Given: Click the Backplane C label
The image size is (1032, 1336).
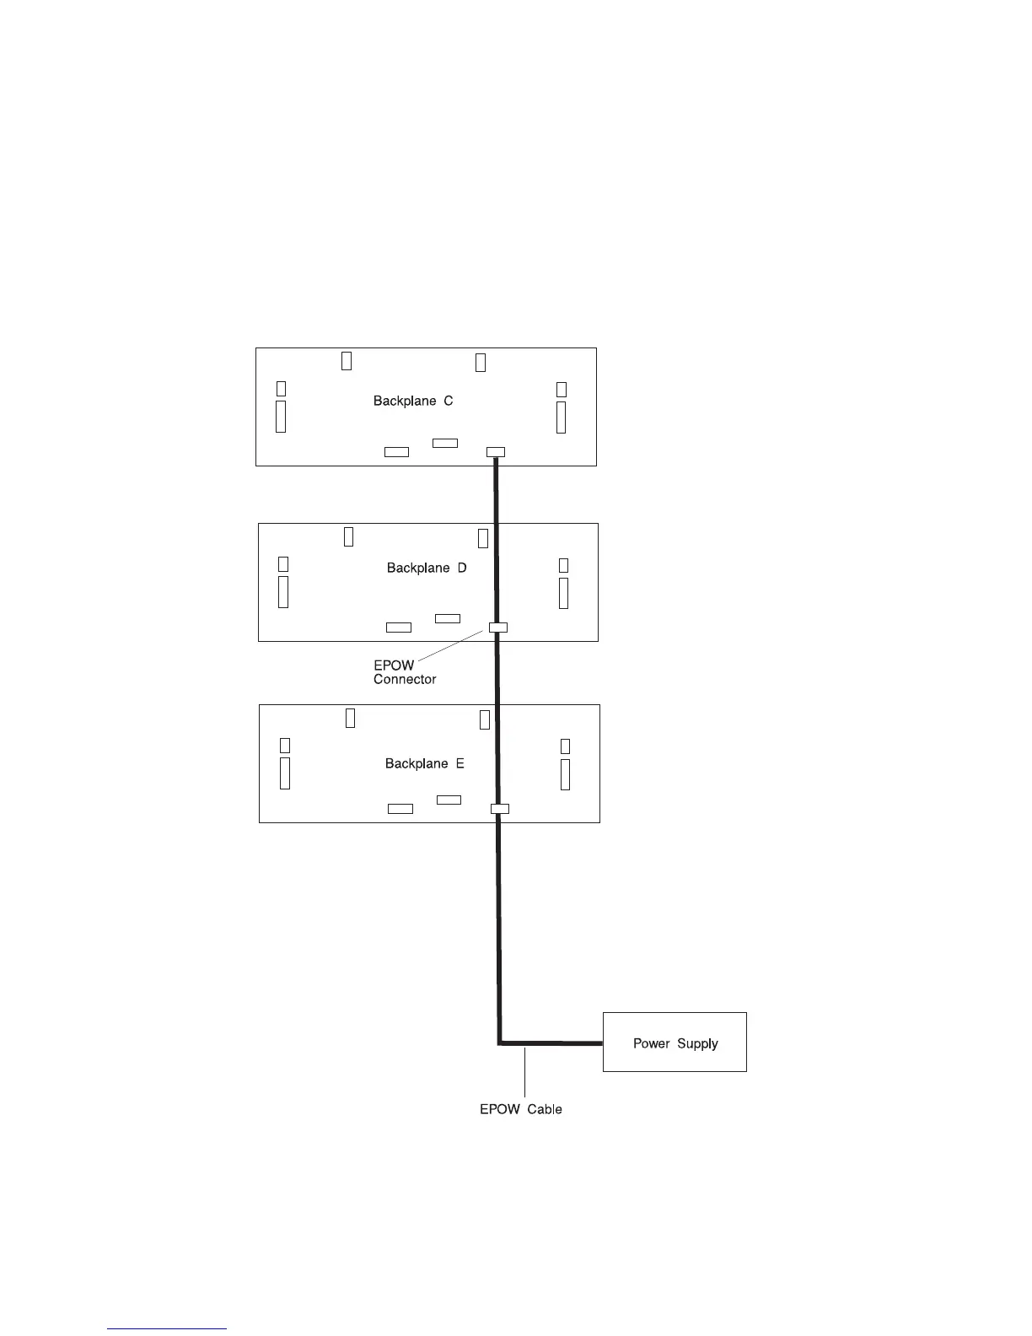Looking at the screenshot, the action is coord(413,401).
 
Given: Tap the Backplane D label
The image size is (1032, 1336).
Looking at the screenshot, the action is coord(427,568).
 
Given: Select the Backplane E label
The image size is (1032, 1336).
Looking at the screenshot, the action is coord(425,763).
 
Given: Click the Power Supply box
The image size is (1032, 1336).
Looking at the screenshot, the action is coord(675,1042).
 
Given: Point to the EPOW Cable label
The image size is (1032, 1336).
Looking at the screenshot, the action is coord(521,1109).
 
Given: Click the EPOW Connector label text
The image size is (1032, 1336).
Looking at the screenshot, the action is coord(404,672).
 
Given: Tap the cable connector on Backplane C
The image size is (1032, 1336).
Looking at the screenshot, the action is coord(496,451).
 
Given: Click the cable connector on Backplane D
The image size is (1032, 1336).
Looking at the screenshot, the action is coord(497,627).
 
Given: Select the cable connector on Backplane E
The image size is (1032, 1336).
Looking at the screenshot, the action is coord(499,808).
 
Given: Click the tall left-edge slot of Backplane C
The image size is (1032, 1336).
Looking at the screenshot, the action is coord(281,416).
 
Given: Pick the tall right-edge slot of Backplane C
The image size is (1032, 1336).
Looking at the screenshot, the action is coord(561,417).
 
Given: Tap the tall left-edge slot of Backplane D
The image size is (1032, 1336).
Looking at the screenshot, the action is coord(283,591).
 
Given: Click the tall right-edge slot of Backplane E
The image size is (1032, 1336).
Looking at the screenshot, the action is coord(565,774).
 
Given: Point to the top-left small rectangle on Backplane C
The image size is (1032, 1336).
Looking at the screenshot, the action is coord(347,360).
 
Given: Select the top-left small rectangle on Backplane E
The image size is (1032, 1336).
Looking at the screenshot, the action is coord(351,718).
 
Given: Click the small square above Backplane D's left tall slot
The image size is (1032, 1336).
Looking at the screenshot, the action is coord(283,563).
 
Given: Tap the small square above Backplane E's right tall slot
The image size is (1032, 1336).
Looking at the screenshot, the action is coord(565,746).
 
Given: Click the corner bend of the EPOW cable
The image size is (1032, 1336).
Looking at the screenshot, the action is coord(500,1042).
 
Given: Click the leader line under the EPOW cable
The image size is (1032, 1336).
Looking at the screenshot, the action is coord(524,1071).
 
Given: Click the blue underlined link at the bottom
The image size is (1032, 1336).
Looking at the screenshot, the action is coord(167,1329).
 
